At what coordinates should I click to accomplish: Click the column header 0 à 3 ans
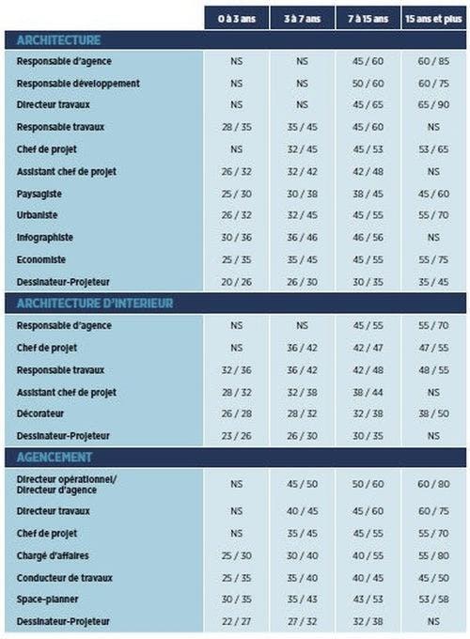click(x=237, y=19)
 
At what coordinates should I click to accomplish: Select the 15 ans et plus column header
click(x=433, y=19)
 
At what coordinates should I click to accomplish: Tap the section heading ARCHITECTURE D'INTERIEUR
click(x=95, y=304)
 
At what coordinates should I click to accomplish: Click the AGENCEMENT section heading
click(x=55, y=458)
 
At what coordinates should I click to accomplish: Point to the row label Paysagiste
click(x=39, y=194)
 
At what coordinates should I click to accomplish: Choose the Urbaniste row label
click(x=37, y=215)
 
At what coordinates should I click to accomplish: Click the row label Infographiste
click(x=45, y=238)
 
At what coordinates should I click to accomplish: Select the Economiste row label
click(x=41, y=259)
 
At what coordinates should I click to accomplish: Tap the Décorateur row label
click(x=40, y=413)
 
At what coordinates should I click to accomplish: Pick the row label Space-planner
click(x=48, y=600)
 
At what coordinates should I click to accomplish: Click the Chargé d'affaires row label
click(x=53, y=555)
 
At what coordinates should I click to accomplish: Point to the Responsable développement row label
click(x=78, y=84)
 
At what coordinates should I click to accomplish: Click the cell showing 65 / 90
click(x=433, y=104)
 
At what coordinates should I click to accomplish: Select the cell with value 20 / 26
click(x=237, y=282)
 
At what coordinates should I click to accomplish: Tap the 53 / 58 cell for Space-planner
click(x=433, y=600)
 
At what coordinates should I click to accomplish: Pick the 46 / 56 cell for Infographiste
click(x=368, y=238)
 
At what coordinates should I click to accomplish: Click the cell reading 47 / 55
click(x=433, y=348)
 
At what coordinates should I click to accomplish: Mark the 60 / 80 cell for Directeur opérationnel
click(x=433, y=484)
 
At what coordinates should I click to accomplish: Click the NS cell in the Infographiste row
click(x=433, y=238)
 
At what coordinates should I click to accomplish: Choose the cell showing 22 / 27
click(x=237, y=622)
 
